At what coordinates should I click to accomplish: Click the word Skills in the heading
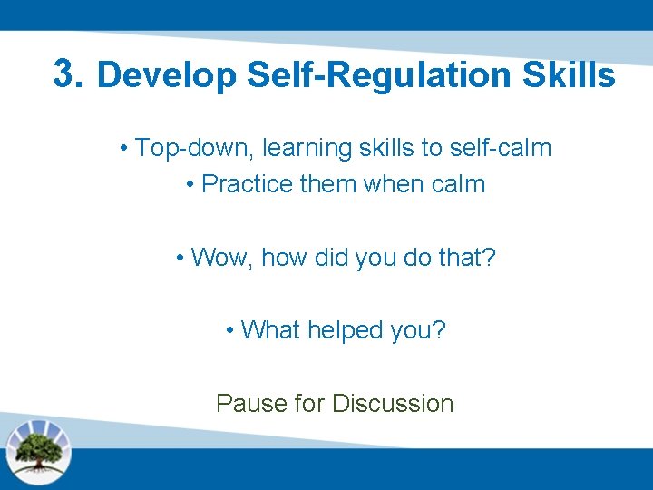coord(569,75)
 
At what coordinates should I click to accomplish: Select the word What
coord(270,330)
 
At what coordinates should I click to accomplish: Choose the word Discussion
coord(393,403)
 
